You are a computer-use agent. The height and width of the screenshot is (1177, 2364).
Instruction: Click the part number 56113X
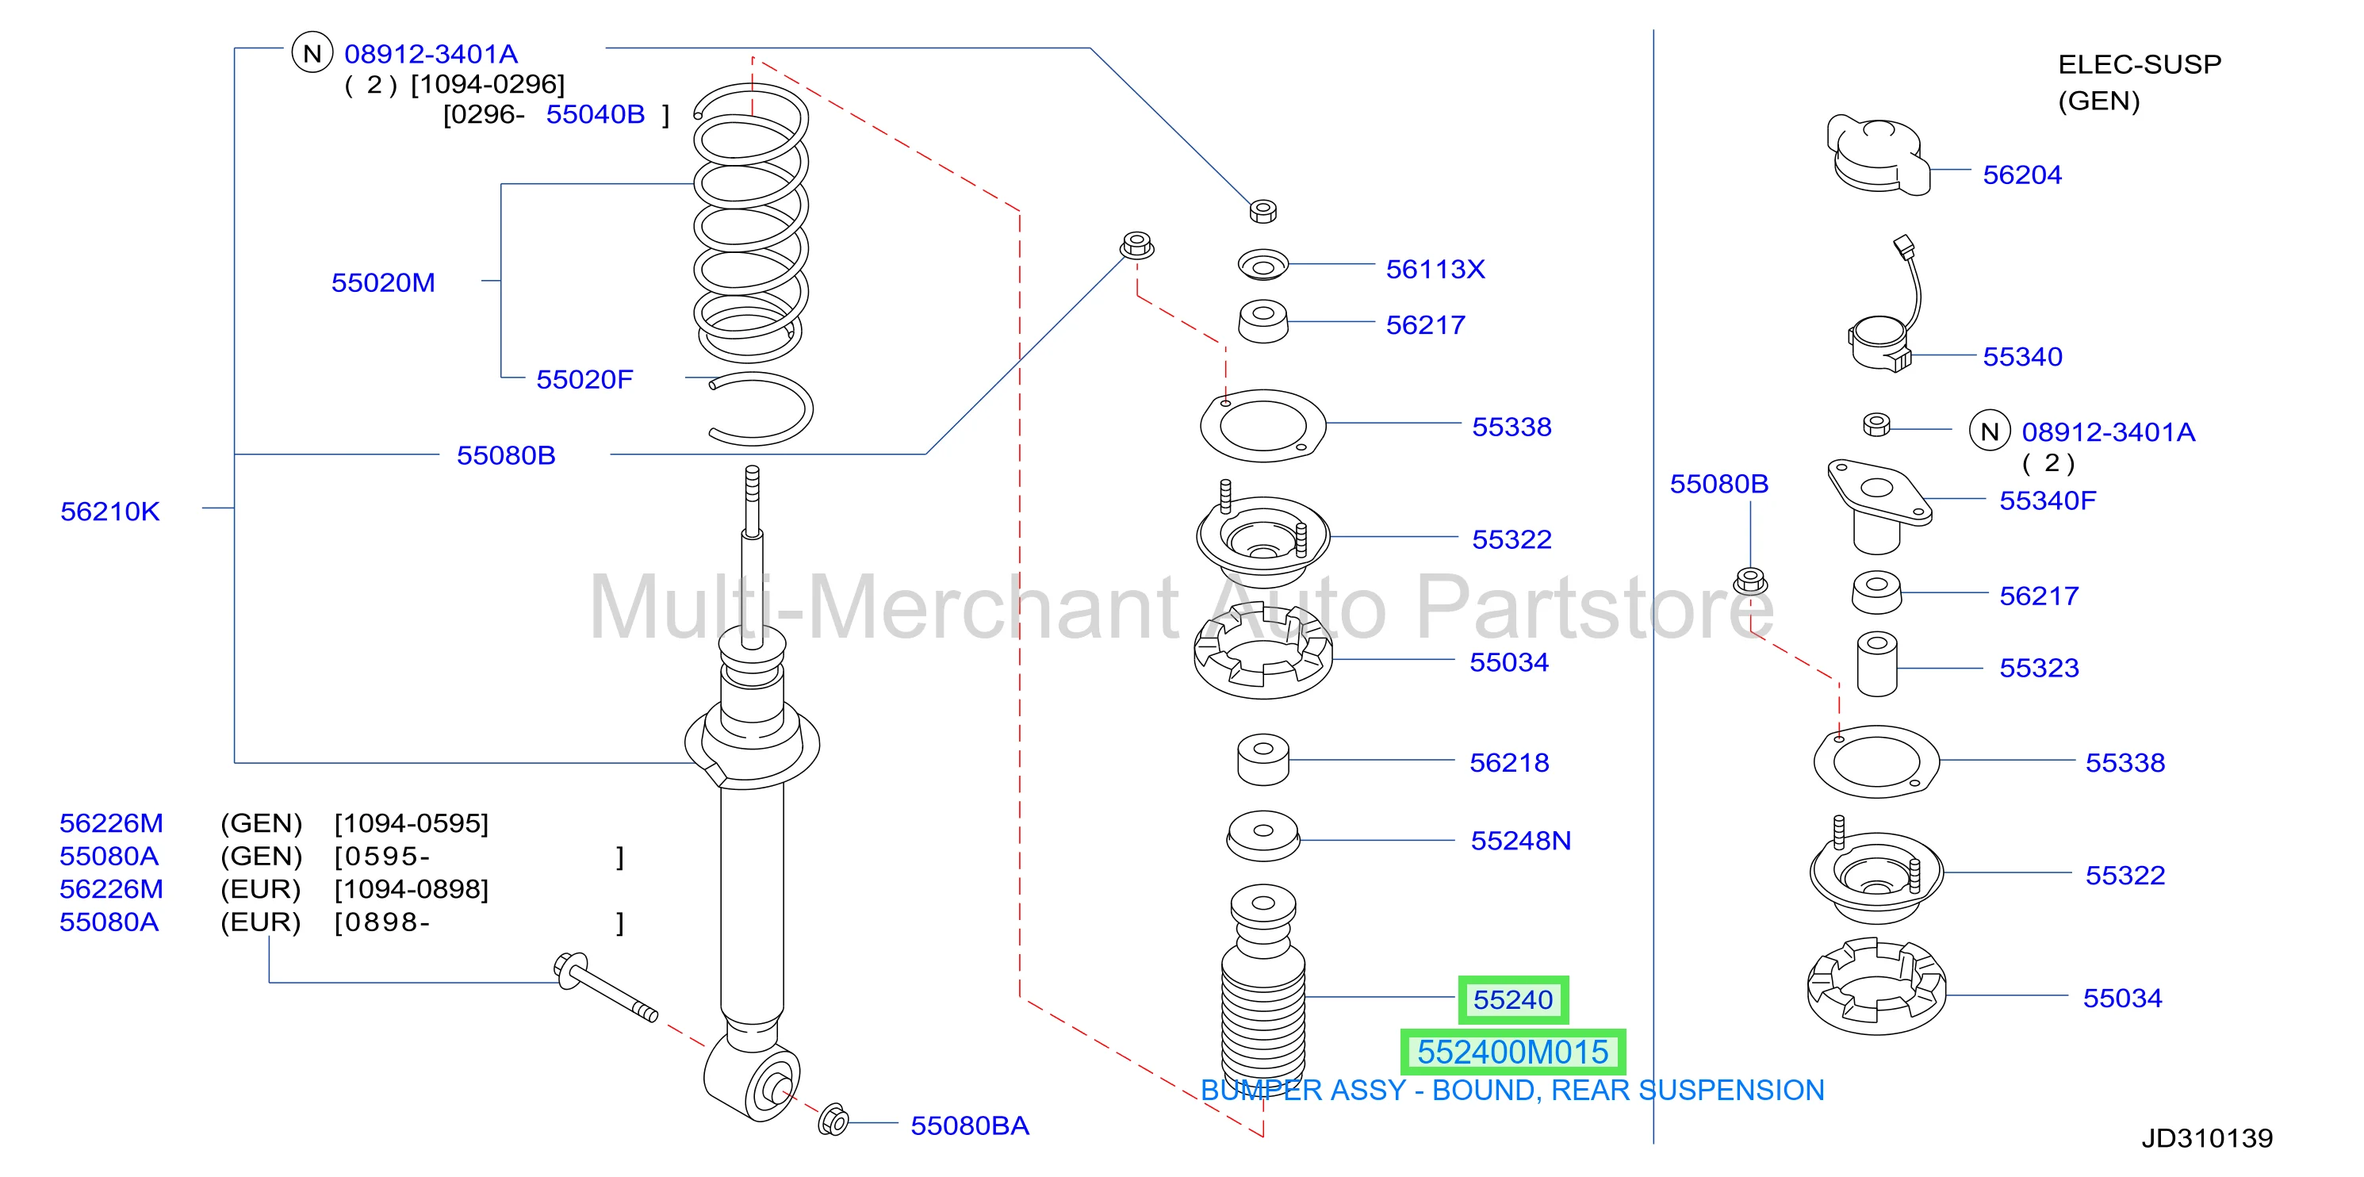click(1435, 269)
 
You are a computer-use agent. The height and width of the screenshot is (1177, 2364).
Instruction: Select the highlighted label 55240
click(1513, 1000)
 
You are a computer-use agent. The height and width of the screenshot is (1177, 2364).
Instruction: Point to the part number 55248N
click(1521, 840)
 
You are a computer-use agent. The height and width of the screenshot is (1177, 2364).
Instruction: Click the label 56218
click(1508, 762)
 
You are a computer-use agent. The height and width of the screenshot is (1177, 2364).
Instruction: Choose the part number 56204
click(2021, 174)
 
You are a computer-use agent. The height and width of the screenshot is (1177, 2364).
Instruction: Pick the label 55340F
click(2048, 500)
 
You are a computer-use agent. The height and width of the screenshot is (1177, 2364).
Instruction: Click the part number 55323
click(2039, 668)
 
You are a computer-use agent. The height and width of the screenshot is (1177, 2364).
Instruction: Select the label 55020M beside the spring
click(383, 282)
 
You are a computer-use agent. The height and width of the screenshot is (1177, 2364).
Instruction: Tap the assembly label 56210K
click(110, 512)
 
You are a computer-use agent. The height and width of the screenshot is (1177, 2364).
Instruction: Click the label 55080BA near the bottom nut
click(969, 1125)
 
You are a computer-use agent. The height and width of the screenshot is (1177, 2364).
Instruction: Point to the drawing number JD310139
click(2207, 1138)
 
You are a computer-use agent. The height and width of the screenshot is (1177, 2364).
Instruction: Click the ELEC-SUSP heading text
click(2139, 64)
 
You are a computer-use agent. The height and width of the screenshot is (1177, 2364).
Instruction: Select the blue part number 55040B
click(595, 114)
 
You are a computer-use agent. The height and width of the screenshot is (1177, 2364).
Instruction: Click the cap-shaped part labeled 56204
click(1878, 156)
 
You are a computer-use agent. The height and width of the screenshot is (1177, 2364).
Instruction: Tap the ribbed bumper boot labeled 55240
click(1262, 987)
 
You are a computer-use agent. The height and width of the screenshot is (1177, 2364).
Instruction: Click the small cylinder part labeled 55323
click(1877, 664)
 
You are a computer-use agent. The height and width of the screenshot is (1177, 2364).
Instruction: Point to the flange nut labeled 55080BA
click(833, 1120)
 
